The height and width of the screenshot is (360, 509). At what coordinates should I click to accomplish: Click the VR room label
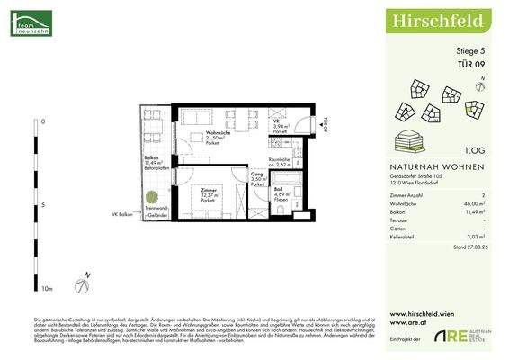tap(278, 125)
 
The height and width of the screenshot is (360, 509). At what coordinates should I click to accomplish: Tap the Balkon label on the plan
tap(151, 158)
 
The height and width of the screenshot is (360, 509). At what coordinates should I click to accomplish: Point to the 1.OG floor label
tap(478, 154)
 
